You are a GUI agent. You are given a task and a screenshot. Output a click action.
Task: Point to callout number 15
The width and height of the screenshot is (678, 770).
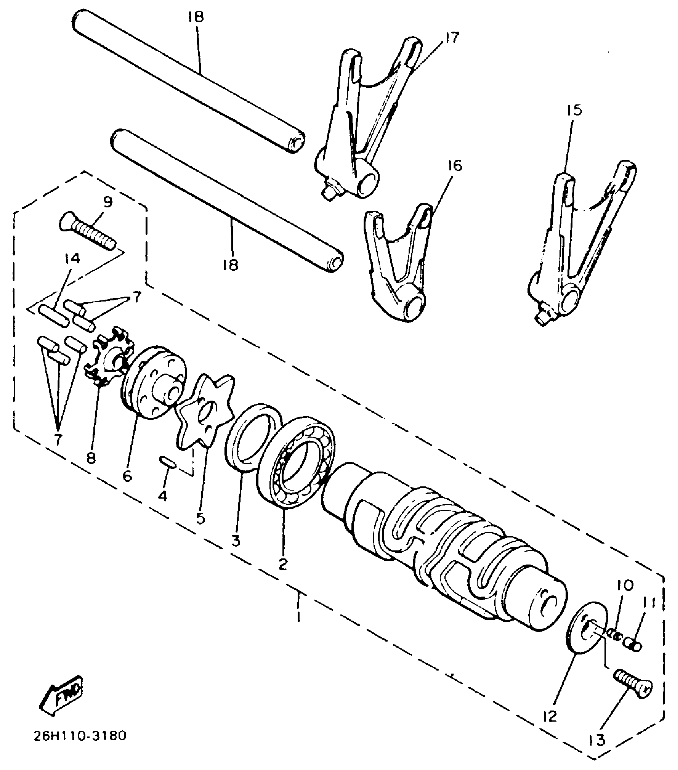pos(573,110)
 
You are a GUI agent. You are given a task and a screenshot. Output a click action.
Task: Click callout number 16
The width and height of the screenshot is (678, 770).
pos(455,165)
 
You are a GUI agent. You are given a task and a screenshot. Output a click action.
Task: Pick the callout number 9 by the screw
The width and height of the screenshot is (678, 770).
pos(108,202)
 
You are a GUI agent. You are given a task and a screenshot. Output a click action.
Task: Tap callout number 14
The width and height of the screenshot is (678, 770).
pos(71,259)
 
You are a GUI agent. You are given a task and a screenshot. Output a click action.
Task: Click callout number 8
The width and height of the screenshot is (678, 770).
pos(91,459)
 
